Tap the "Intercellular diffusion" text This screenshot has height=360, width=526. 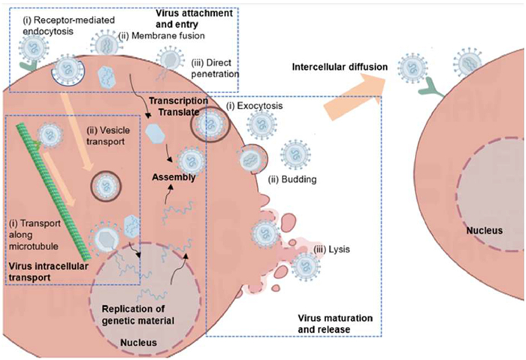point(339,67)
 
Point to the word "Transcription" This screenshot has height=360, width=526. point(178,100)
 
